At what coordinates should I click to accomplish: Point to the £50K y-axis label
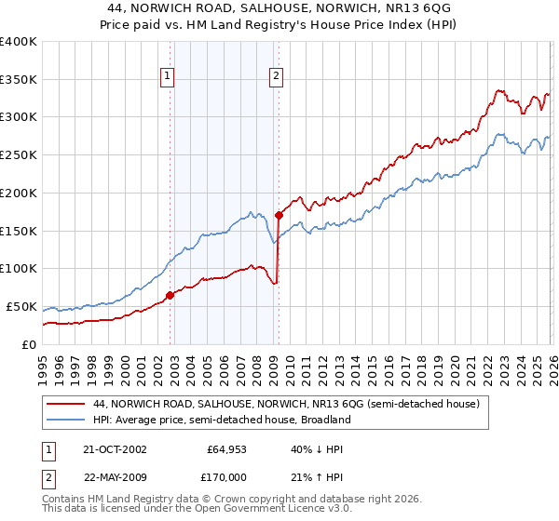pos(20,306)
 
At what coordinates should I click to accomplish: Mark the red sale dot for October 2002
pos(170,295)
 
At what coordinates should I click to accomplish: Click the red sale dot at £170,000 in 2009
pos(279,215)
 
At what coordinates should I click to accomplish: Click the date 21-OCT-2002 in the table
pos(115,449)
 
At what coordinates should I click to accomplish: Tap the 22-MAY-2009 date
pos(116,477)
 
